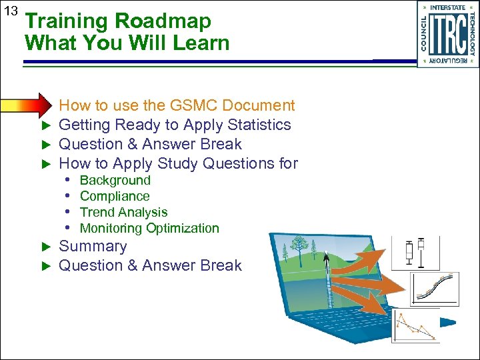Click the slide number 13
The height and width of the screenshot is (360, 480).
10,11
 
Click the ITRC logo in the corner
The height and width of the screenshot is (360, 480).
447,34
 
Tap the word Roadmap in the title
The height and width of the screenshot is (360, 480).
163,21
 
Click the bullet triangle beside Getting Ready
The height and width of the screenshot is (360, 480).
46,125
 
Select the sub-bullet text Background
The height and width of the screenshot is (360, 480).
115,180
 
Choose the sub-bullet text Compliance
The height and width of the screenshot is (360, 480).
115,196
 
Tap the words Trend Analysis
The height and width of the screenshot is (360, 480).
123,212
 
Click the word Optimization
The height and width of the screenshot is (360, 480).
182,228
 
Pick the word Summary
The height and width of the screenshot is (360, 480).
93,246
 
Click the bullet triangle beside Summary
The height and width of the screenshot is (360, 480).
46,247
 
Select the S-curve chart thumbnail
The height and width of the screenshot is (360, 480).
433,289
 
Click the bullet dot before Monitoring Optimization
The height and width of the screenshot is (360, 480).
69,228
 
